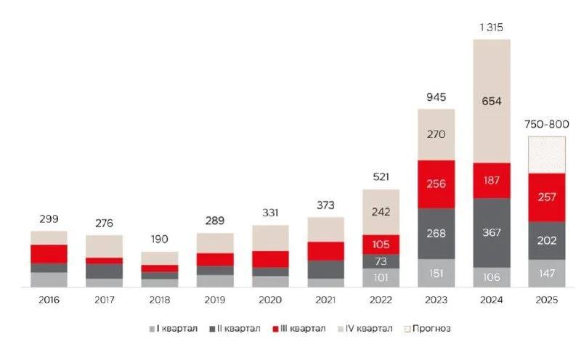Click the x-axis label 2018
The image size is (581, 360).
click(x=160, y=300)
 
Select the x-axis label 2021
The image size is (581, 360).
click(x=325, y=300)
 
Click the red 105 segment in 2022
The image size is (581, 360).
click(x=381, y=244)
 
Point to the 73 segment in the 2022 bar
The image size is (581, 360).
click(x=381, y=261)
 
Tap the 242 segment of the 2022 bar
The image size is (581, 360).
click(x=381, y=212)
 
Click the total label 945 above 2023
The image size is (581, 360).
click(x=436, y=97)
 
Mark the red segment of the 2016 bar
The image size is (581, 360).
click(x=49, y=253)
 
